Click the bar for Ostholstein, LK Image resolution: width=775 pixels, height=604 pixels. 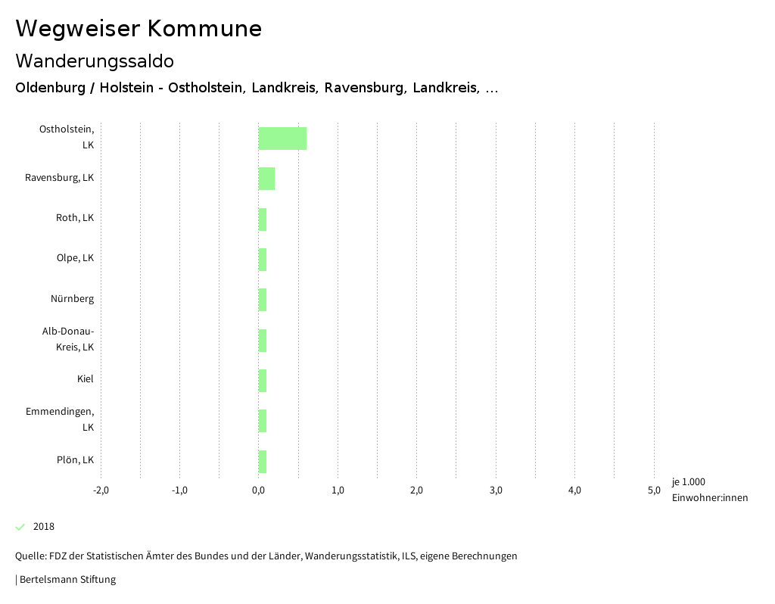(x=282, y=139)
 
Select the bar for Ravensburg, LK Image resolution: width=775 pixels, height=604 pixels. (x=266, y=179)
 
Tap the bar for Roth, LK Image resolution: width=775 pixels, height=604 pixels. (x=263, y=219)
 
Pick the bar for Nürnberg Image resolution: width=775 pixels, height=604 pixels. (x=263, y=300)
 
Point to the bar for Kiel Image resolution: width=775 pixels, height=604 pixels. (x=263, y=381)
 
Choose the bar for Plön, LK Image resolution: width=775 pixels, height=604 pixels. (x=263, y=461)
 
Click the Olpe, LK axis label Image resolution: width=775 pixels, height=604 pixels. (x=75, y=258)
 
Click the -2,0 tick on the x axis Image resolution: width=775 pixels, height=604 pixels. (x=101, y=490)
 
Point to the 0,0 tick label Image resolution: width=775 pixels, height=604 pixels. (x=259, y=490)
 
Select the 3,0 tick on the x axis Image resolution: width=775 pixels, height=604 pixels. (x=496, y=490)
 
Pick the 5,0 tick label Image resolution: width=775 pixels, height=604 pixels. (x=654, y=490)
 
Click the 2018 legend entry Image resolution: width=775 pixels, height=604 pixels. (x=44, y=527)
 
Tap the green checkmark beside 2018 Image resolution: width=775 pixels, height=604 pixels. (x=20, y=527)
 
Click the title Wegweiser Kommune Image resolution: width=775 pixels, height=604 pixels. (x=139, y=29)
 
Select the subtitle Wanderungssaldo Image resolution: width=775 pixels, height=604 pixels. (x=95, y=61)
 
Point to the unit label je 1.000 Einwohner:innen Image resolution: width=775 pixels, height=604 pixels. (x=709, y=490)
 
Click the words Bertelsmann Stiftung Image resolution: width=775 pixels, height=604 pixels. (x=67, y=580)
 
